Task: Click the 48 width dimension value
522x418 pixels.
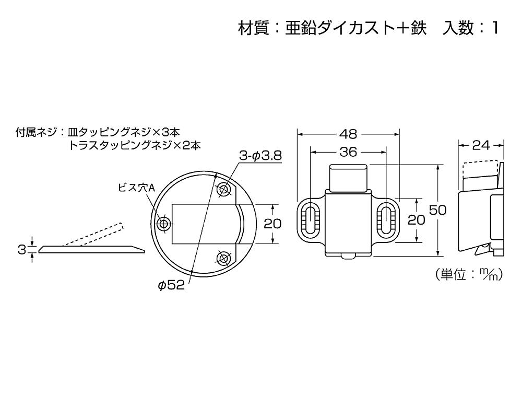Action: pos(349,134)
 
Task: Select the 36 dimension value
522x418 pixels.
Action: pos(349,152)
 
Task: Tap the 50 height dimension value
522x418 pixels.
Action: pos(437,210)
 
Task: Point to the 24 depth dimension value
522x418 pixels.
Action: pos(480,145)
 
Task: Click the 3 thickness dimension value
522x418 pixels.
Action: pos(21,250)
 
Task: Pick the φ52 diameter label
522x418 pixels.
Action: pos(172,285)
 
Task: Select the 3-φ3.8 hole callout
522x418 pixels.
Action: pos(260,155)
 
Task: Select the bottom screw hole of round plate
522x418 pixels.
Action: pos(224,258)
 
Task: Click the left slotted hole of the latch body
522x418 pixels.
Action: pos(310,220)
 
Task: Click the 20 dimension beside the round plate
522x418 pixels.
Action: pos(272,224)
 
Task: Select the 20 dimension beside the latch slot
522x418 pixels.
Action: pos(416,220)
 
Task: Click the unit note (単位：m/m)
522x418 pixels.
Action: pos(468,275)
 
